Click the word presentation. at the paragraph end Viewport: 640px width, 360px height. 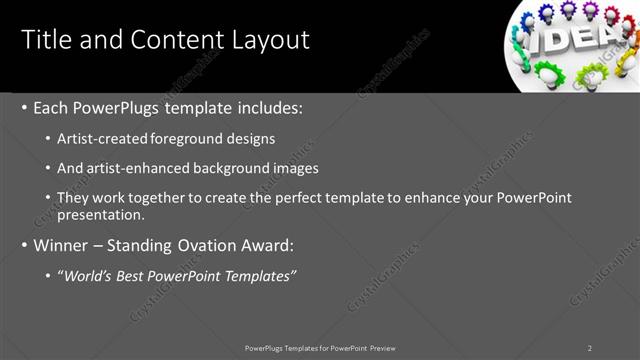pos(101,214)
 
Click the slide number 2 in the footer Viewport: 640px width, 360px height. pos(590,348)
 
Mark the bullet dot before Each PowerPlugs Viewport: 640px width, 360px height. pos(24,107)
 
